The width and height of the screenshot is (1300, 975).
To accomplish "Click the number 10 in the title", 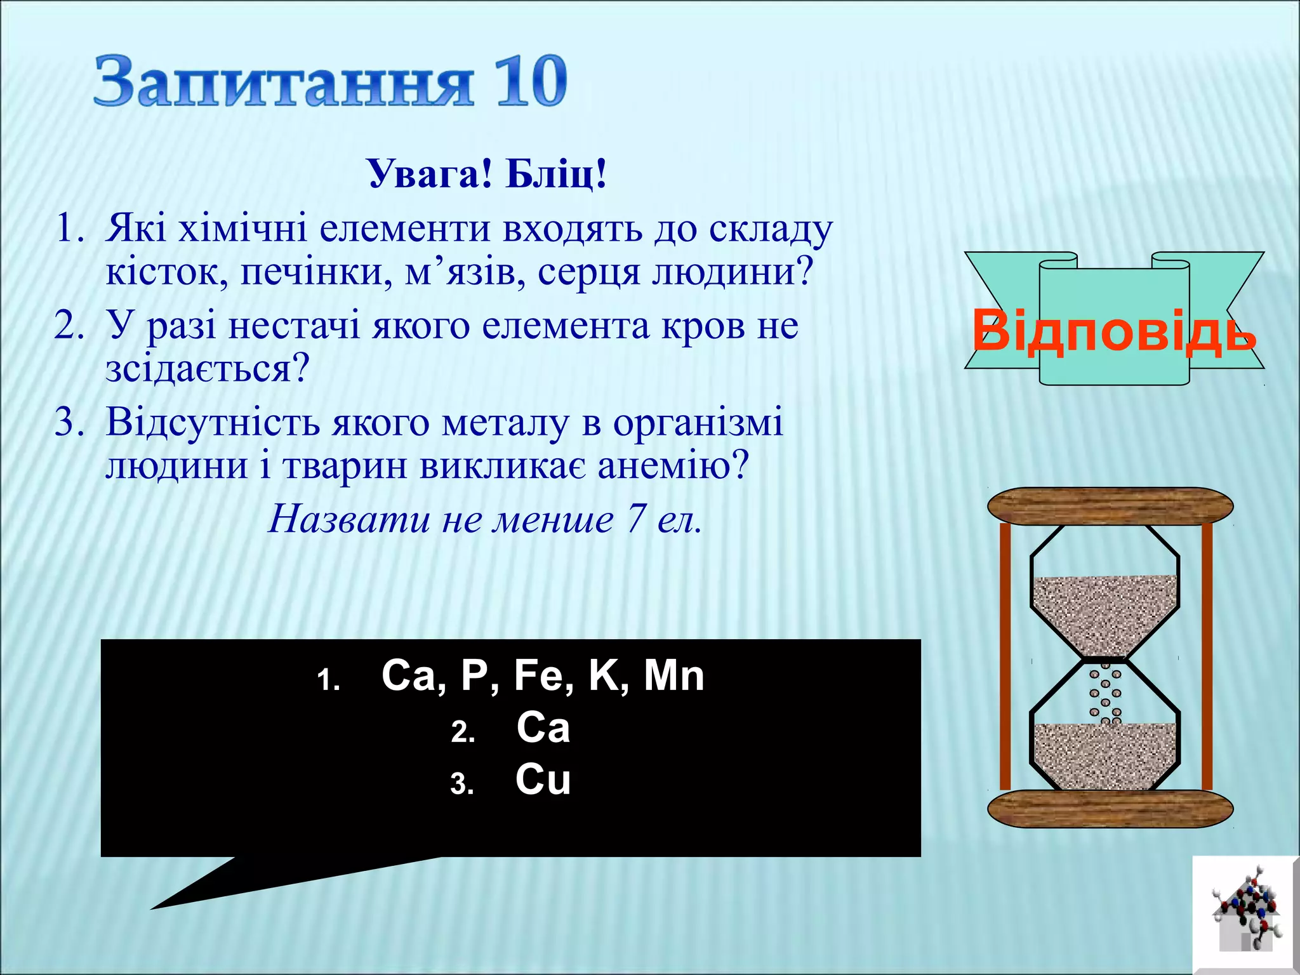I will [531, 81].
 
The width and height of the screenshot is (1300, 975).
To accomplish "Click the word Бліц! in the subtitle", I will [556, 173].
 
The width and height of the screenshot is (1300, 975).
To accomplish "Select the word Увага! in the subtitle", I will [430, 173].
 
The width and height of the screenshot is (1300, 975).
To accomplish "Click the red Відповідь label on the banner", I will [1114, 331].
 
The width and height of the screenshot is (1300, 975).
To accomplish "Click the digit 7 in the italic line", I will [635, 519].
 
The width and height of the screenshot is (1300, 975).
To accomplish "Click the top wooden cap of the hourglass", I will [1110, 506].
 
